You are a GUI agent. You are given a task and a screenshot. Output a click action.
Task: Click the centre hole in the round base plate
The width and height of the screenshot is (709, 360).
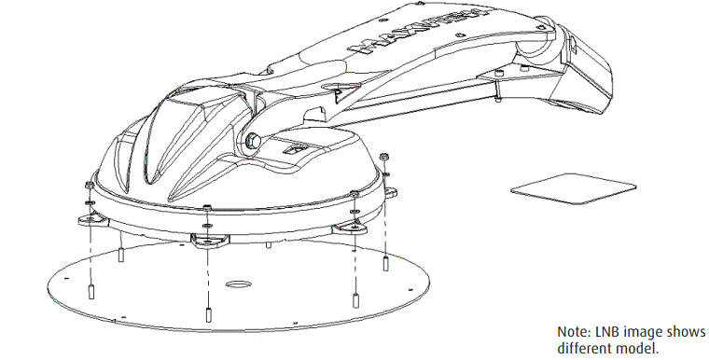pos(237,282)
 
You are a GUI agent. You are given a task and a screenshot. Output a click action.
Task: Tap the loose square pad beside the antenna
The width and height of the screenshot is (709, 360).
pos(564,190)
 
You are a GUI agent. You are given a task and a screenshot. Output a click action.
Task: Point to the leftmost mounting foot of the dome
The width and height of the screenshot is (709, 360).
pos(90,220)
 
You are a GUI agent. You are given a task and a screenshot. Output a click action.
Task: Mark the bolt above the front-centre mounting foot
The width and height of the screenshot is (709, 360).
pos(205,206)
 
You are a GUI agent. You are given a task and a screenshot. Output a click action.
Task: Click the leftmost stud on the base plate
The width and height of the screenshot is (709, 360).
pos(90,289)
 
